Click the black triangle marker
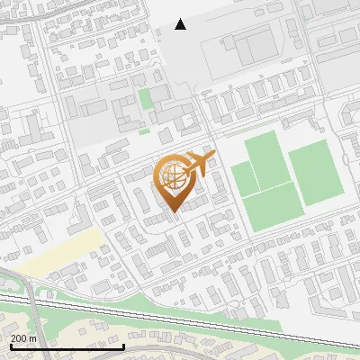point(181,24)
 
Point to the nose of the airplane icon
point(213,157)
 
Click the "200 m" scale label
point(23,337)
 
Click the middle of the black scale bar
point(67,346)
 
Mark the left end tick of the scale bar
point(10,346)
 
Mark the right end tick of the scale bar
point(123,346)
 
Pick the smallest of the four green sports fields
point(244,177)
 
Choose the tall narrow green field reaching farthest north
point(266,159)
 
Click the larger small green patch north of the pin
point(145,99)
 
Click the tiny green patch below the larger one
point(144,131)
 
